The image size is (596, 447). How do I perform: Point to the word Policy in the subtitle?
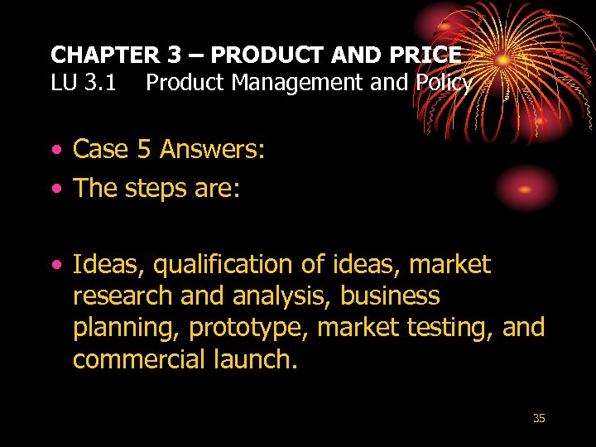tap(443, 83)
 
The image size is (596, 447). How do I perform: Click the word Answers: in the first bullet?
tap(212, 149)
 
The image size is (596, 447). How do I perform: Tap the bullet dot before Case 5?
tap(55, 150)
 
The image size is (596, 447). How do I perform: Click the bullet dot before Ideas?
tap(55, 266)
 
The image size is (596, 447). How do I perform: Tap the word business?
tap(390, 296)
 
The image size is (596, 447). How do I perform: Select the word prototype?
tap(249, 328)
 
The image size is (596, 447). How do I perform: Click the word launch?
tap(253, 359)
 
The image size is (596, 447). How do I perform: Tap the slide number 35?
tap(539, 419)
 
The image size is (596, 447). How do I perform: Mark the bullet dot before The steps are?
tap(55, 190)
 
